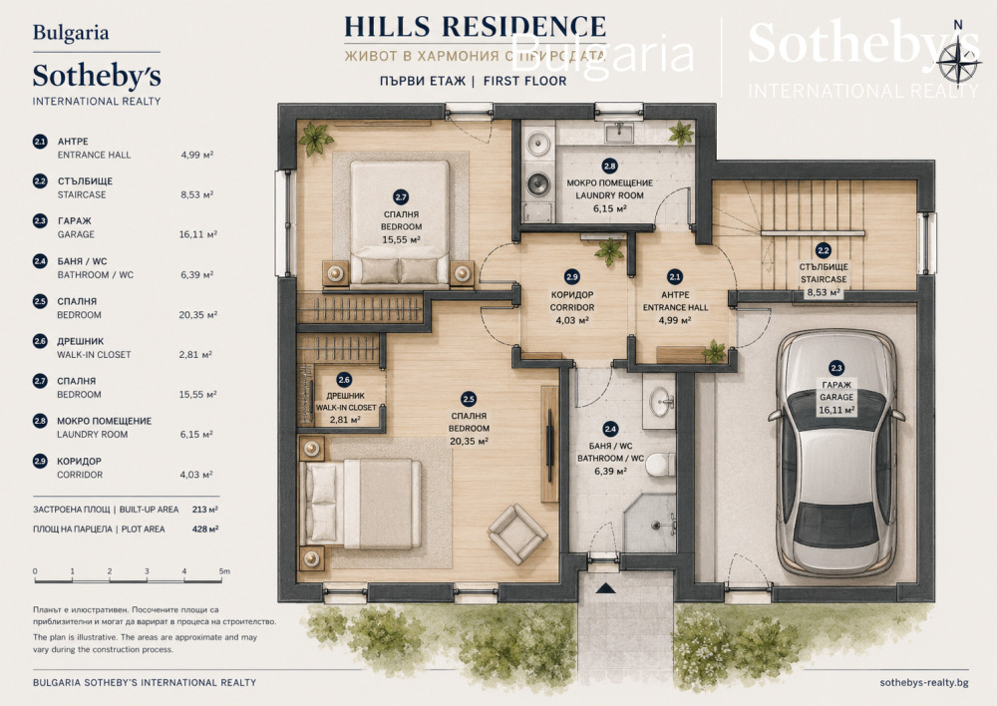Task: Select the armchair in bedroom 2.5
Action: [x=516, y=534]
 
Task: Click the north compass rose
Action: [x=957, y=64]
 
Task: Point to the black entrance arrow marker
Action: [x=606, y=587]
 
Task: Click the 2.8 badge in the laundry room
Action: [x=609, y=167]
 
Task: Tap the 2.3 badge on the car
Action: [x=836, y=368]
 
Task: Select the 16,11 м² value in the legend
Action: [x=197, y=234]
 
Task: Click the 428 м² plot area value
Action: [x=205, y=529]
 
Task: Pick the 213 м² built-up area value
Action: [x=204, y=510]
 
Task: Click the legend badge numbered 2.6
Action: [x=40, y=342]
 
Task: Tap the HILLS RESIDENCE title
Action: [x=475, y=27]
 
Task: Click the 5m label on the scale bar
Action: [x=224, y=571]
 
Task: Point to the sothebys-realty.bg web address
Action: [x=924, y=682]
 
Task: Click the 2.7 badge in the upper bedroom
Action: [x=401, y=197]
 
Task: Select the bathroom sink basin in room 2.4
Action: [x=662, y=402]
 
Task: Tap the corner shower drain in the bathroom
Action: [x=656, y=526]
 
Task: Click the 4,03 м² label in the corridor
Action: [x=571, y=320]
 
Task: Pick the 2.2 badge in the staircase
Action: [x=823, y=250]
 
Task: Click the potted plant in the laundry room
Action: [x=681, y=134]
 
